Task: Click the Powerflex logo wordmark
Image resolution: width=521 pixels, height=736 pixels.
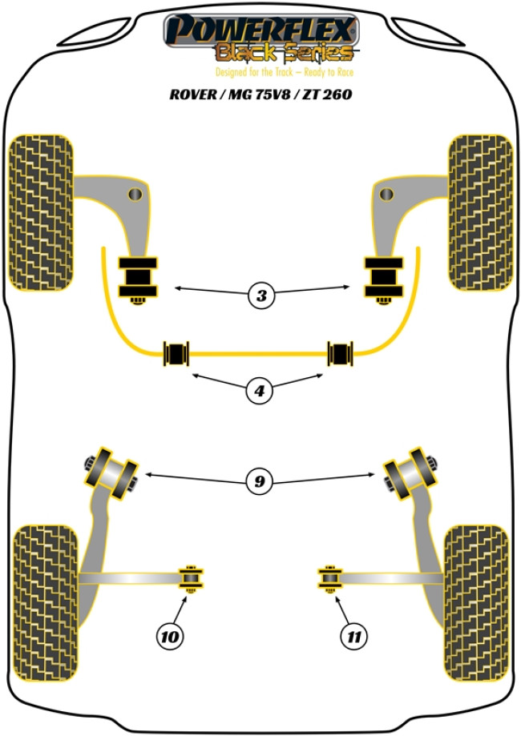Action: pyautogui.click(x=260, y=31)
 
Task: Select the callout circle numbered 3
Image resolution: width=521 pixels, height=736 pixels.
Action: pyautogui.click(x=261, y=296)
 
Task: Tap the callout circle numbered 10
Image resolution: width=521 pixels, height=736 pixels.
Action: pyautogui.click(x=170, y=637)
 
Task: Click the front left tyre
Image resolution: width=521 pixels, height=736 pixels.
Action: pyautogui.click(x=41, y=211)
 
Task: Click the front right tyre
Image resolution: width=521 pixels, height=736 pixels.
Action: pyautogui.click(x=479, y=211)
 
